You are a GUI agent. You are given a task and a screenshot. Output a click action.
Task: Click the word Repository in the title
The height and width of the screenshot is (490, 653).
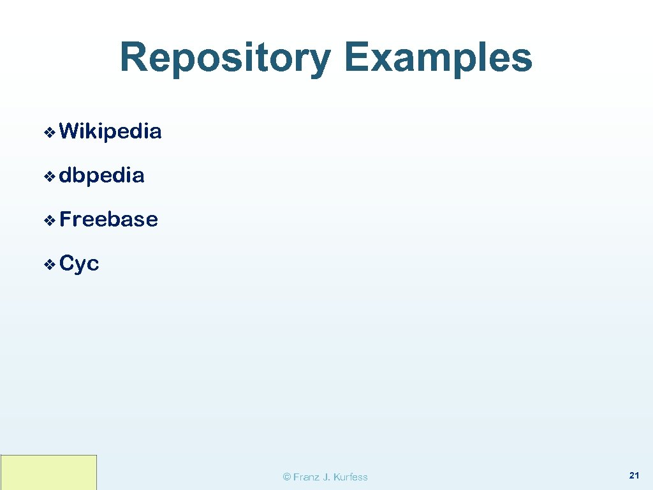tap(225, 58)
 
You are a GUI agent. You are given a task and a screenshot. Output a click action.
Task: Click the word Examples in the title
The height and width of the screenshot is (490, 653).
tap(437, 58)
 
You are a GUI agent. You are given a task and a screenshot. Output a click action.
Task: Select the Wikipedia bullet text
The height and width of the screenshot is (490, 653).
tap(110, 131)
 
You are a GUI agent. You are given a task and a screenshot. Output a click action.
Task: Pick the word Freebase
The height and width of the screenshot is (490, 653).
tap(108, 219)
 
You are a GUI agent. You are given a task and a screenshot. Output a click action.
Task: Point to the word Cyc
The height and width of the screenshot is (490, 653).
tap(79, 264)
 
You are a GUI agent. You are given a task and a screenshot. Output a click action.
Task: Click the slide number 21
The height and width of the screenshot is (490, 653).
tap(634, 475)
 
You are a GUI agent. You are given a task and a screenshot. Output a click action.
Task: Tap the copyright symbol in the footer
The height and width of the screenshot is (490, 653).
tap(287, 477)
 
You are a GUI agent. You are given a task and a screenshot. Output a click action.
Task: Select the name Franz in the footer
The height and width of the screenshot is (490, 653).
tap(306, 477)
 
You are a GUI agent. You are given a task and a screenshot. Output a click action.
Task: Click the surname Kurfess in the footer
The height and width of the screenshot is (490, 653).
tap(350, 477)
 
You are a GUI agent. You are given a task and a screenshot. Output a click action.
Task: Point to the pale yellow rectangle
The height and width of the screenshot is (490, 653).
tap(48, 472)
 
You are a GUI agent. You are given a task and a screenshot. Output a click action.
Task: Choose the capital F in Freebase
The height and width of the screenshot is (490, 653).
tap(66, 219)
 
